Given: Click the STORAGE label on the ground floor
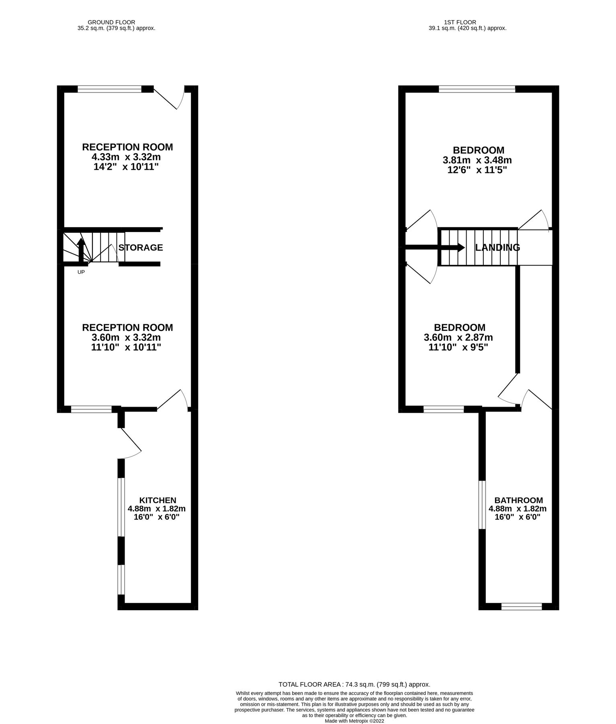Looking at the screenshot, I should [141, 247].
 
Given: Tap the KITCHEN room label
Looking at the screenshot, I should [158, 500].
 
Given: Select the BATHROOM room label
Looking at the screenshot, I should [518, 500].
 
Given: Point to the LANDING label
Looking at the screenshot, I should [497, 247].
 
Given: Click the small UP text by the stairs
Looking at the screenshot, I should [81, 272].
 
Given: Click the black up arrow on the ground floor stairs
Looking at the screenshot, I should [80, 249].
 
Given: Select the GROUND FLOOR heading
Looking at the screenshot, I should [111, 22].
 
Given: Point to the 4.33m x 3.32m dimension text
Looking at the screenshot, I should [127, 157].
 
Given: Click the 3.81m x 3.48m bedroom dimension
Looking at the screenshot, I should [477, 160].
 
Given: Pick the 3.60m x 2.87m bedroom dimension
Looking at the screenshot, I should [458, 337].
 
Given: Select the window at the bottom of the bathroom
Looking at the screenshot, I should [522, 606].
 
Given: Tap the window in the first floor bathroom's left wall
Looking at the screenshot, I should [482, 504].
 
